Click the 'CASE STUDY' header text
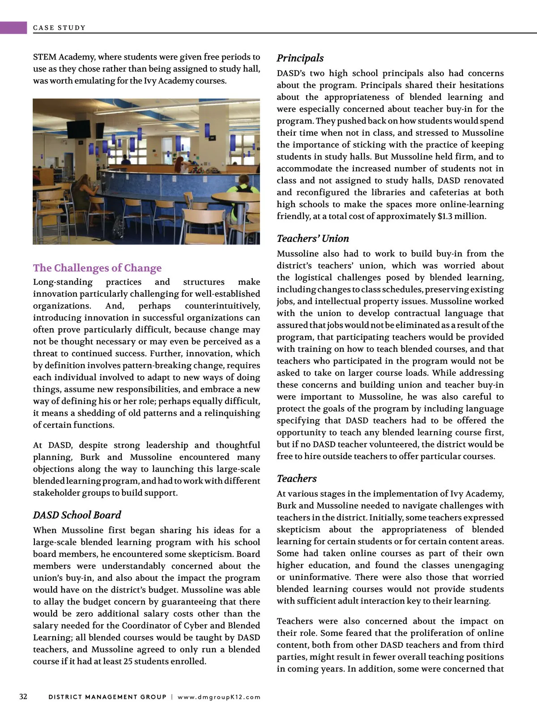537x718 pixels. pyautogui.click(x=59, y=28)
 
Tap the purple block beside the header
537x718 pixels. pyautogui.click(x=13, y=28)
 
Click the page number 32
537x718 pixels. pyautogui.click(x=23, y=697)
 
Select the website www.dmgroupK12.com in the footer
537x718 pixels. pyautogui.click(x=219, y=697)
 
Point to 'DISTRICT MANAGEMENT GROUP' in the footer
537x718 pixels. pyautogui.click(x=107, y=697)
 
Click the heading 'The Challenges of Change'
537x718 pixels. pyautogui.click(x=97, y=268)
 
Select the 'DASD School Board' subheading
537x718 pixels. pyautogui.click(x=77, y=515)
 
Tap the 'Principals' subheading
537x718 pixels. pyautogui.click(x=300, y=58)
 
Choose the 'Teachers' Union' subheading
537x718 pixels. pyautogui.click(x=312, y=238)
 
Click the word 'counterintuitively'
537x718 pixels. pyautogui.click(x=222, y=306)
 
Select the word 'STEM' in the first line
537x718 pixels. pyautogui.click(x=44, y=57)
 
